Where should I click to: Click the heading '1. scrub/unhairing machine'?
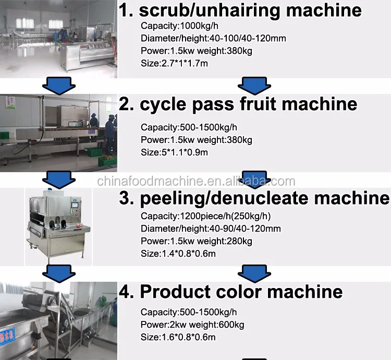click(240, 10)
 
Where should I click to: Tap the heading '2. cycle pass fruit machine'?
click(238, 103)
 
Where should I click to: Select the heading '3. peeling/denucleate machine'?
click(254, 199)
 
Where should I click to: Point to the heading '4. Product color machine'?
click(231, 291)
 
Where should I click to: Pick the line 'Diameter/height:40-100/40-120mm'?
click(213, 38)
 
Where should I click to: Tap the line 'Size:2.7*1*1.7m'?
click(175, 63)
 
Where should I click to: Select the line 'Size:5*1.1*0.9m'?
click(175, 152)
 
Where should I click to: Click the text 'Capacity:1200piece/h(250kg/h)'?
click(205, 216)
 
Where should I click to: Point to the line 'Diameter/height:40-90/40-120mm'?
click(211, 229)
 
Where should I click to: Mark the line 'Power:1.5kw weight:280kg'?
click(197, 241)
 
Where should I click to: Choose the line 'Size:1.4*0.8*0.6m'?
click(178, 254)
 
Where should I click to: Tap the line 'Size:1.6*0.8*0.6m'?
click(178, 337)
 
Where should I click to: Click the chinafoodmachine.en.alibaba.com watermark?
click(196, 182)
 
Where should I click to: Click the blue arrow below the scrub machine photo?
click(57, 84)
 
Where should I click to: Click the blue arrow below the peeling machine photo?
click(57, 272)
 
